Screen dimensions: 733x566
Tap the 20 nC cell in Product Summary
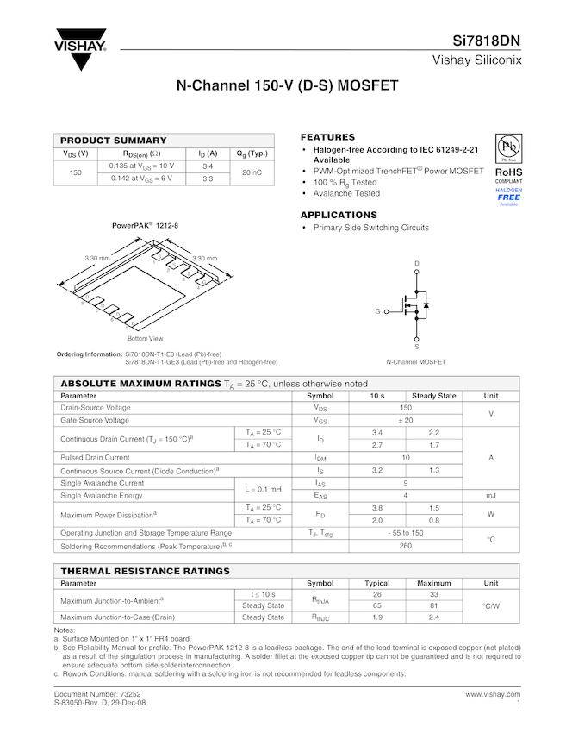pyautogui.click(x=252, y=172)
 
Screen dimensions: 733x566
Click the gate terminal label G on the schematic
pyautogui.click(x=376, y=310)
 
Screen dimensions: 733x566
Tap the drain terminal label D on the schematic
pyautogui.click(x=416, y=263)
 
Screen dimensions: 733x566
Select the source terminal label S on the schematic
pyautogui.click(x=416, y=346)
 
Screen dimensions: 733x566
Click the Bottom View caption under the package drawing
pyautogui.click(x=145, y=339)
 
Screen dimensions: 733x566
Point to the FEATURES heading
pyautogui.click(x=327, y=138)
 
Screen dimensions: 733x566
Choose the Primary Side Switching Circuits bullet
pyautogui.click(x=370, y=228)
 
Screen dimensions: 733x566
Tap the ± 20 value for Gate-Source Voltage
pyautogui.click(x=405, y=420)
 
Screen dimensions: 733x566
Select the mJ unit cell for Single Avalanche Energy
pyautogui.click(x=491, y=496)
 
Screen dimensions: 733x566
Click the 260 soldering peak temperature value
pyautogui.click(x=405, y=546)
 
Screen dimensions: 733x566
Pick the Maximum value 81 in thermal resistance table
pyautogui.click(x=434, y=606)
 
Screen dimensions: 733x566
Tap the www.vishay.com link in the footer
pyautogui.click(x=493, y=694)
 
